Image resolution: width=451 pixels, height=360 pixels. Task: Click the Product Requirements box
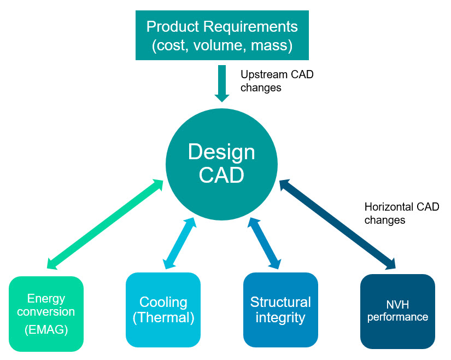[222, 36]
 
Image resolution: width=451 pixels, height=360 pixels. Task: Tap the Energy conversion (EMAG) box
[46, 313]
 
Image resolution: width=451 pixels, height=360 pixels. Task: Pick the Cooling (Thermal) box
[163, 310]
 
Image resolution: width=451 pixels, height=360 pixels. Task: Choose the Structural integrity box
[280, 310]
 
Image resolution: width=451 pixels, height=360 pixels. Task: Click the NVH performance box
[397, 311]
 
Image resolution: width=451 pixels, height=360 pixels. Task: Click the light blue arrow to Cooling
[179, 242]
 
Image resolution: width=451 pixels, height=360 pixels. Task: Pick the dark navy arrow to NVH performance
[337, 224]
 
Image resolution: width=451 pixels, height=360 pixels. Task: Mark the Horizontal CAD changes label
[401, 213]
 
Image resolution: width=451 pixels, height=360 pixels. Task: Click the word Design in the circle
[221, 152]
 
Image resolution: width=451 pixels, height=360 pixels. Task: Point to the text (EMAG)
[46, 330]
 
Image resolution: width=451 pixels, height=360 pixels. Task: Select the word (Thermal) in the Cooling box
[163, 318]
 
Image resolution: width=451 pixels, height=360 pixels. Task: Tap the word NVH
[397, 305]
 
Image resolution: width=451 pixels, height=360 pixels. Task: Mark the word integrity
[280, 318]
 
